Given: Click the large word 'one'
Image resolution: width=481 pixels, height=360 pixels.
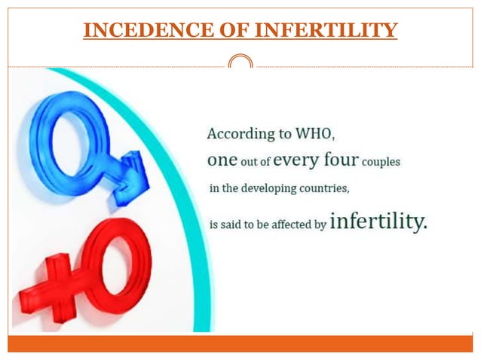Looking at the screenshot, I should [222, 160].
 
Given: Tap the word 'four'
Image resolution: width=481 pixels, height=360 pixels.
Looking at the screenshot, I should [351, 160].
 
